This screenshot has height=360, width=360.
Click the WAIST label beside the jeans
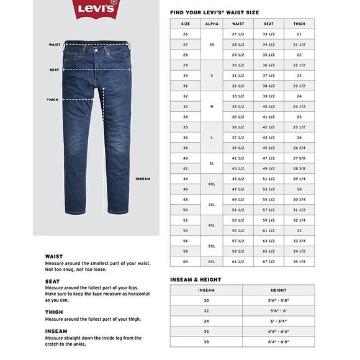point(55,45)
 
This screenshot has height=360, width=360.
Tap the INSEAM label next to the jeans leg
point(143,179)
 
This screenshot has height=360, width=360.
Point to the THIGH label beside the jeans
point(53,99)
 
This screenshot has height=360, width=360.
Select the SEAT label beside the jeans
point(55,70)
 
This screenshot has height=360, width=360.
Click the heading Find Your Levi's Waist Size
point(214,12)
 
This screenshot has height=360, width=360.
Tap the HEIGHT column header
point(278,290)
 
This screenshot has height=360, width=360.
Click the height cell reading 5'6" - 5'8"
point(278,301)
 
